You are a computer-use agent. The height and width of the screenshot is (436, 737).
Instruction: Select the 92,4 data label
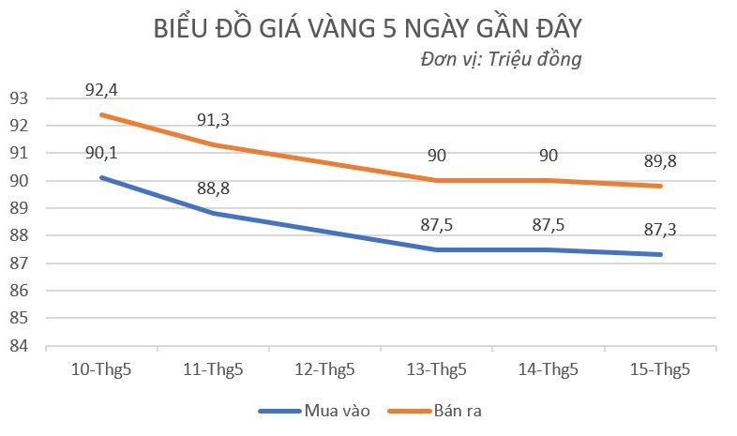click(x=101, y=91)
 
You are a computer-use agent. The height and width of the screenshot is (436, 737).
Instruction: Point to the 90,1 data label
click(x=101, y=154)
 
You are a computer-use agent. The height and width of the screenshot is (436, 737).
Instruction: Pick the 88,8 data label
click(x=213, y=188)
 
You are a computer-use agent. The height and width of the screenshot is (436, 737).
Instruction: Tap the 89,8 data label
click(x=660, y=161)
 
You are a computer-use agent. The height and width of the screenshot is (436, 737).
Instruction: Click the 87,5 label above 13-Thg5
click(x=437, y=225)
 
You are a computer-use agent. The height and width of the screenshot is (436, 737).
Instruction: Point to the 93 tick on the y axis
click(x=20, y=98)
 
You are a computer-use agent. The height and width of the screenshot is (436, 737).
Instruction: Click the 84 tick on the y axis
click(x=20, y=347)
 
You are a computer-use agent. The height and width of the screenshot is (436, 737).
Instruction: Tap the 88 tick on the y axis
click(x=20, y=236)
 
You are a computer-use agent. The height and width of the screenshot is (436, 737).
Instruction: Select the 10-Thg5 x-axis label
click(x=101, y=369)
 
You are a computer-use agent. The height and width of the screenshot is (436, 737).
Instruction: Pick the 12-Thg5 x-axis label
click(x=324, y=369)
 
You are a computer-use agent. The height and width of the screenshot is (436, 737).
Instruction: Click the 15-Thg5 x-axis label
click(x=660, y=369)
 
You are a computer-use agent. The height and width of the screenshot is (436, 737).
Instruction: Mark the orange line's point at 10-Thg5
click(x=101, y=114)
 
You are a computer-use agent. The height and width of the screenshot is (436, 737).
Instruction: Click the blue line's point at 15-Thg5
click(x=660, y=254)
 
